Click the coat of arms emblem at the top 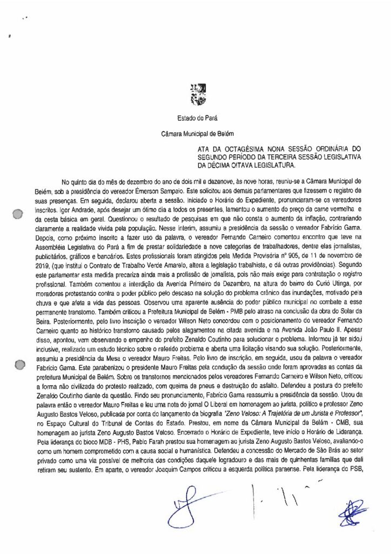(x=198, y=92)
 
